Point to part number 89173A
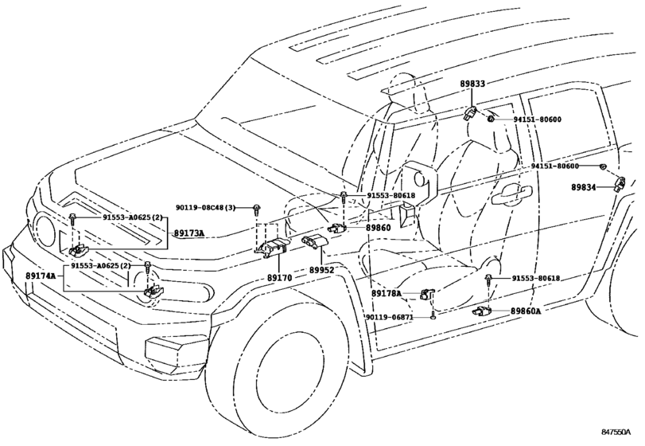pyautogui.click(x=189, y=233)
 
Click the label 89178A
pyautogui.click(x=388, y=294)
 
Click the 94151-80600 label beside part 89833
pyautogui.click(x=537, y=119)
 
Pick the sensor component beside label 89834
pyautogui.click(x=620, y=184)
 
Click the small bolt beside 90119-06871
pyautogui.click(x=430, y=317)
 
